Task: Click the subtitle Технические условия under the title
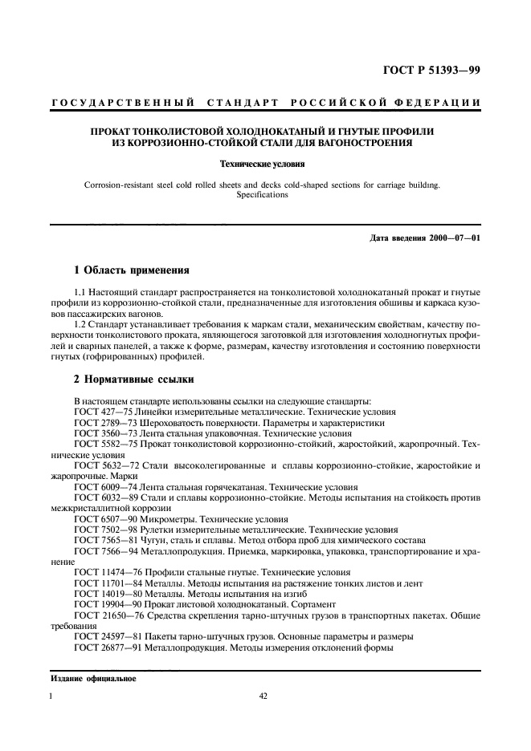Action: coord(265,164)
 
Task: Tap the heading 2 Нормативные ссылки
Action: coord(132,377)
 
